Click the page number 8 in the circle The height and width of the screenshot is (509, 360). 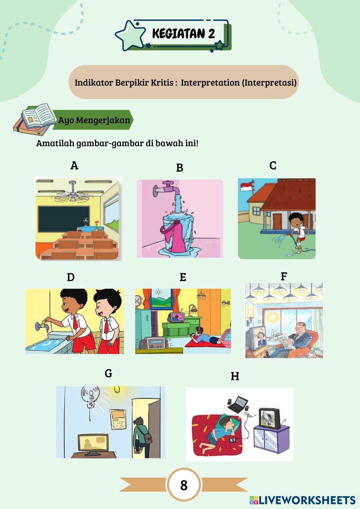[184, 485]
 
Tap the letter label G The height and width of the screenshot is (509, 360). [108, 373]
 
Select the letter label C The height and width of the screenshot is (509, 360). [273, 166]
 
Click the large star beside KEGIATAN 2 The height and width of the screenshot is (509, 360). [130, 35]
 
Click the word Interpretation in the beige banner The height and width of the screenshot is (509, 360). [210, 82]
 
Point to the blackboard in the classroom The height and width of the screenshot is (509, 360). [64, 219]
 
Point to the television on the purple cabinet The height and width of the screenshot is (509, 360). [270, 419]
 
